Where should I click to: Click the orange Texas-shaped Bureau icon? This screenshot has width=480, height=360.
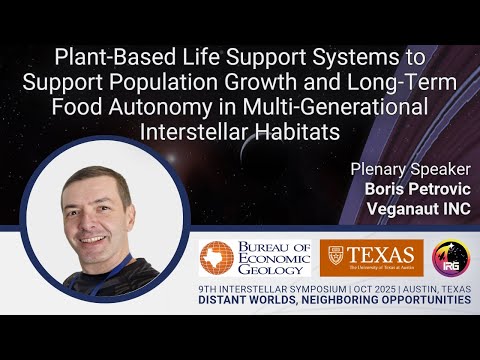214,257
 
